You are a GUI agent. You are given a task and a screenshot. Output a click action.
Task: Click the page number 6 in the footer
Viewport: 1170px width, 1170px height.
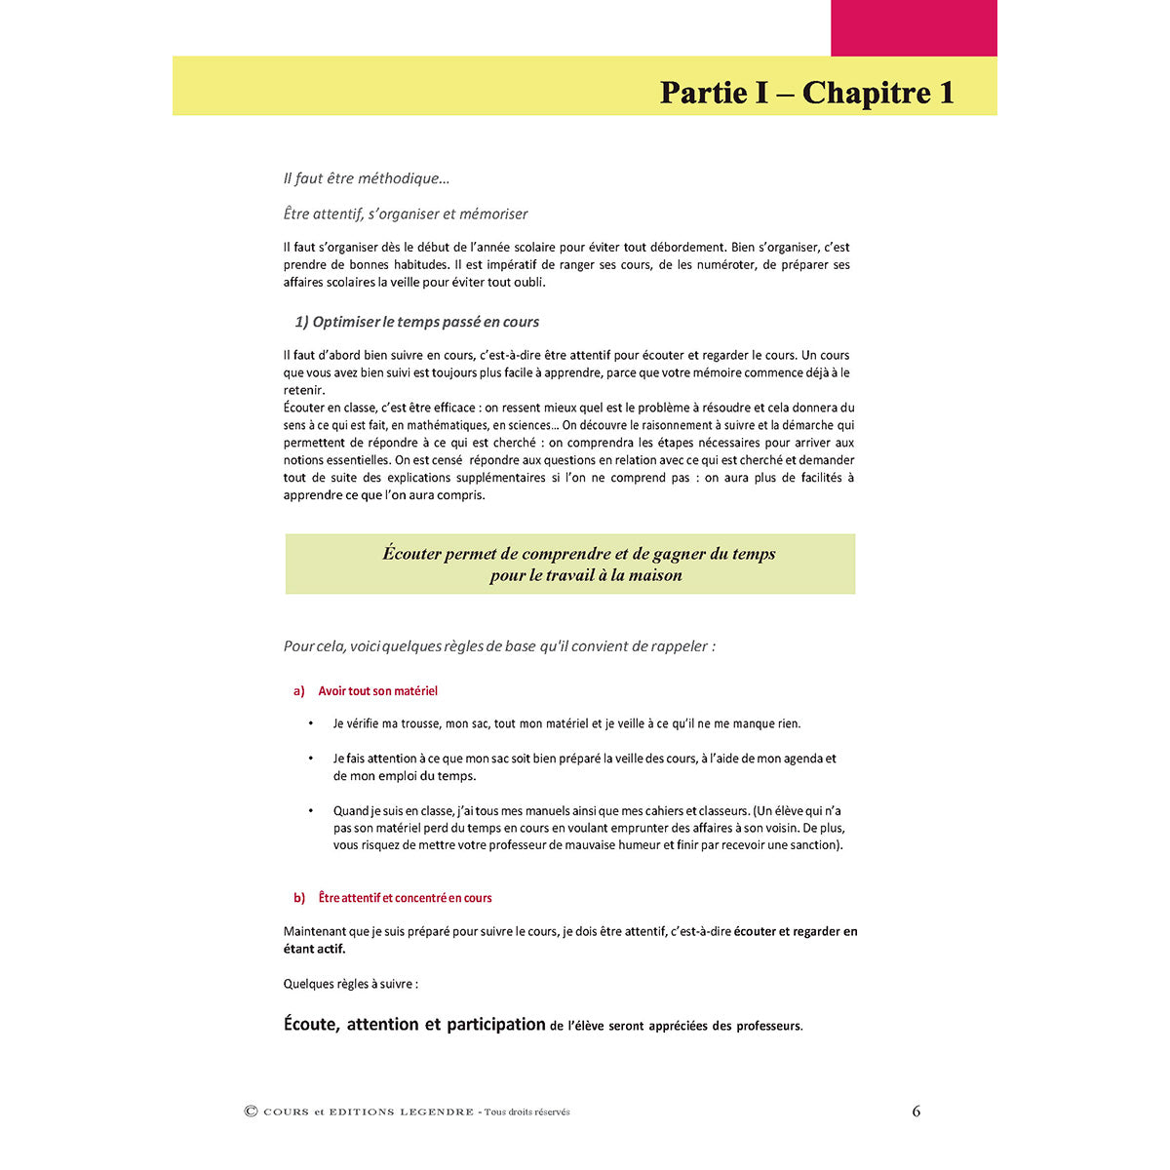click(916, 1111)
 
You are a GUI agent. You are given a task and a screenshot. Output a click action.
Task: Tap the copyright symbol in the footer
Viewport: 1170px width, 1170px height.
click(251, 1111)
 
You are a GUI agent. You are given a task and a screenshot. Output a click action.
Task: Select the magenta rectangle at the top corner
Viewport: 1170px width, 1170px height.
click(914, 27)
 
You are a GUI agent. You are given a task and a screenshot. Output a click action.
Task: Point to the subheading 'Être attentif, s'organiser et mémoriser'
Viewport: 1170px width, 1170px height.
click(406, 214)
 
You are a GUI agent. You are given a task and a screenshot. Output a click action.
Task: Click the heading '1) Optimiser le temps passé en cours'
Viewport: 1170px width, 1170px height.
click(416, 322)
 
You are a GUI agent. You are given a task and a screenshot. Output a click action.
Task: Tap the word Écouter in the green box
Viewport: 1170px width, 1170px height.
click(411, 554)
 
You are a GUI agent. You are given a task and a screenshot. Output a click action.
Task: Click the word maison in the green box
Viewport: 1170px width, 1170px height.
click(655, 575)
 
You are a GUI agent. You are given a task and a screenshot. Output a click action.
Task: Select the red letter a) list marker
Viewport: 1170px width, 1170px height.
click(299, 691)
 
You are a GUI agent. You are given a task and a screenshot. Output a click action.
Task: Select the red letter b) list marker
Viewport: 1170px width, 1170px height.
click(299, 898)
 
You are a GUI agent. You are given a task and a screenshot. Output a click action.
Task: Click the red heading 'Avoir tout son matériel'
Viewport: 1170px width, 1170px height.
click(377, 691)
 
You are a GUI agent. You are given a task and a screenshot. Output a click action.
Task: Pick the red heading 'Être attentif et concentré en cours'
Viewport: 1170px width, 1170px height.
click(405, 898)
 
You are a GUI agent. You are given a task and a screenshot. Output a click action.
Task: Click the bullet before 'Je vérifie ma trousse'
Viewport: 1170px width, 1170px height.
click(311, 723)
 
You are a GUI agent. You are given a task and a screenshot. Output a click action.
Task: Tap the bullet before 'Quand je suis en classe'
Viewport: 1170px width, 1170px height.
click(311, 810)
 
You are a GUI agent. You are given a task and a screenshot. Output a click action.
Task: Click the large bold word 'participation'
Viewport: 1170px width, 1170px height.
click(495, 1025)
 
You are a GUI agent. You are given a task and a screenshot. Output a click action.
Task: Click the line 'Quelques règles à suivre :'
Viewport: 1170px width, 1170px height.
click(350, 984)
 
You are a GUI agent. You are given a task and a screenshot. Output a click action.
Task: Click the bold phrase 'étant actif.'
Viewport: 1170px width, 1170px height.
click(314, 949)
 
